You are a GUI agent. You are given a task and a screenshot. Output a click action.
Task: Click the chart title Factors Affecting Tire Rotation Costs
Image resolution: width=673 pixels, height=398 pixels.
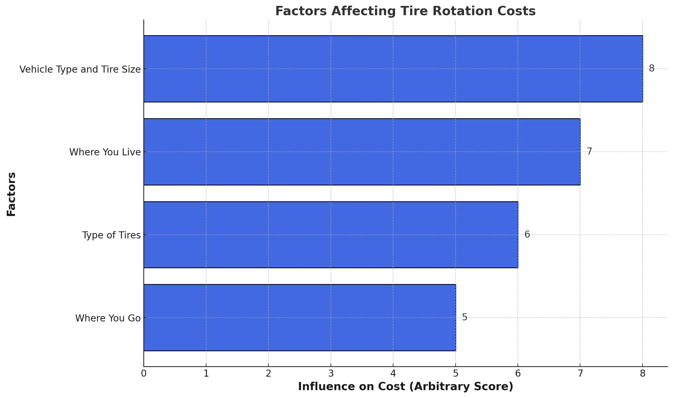point(405,11)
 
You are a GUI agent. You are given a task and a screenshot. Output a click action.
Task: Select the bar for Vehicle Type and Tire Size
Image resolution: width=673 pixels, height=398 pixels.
point(393,69)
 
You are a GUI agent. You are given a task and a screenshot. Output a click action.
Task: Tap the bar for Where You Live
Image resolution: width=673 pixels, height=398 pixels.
point(362,152)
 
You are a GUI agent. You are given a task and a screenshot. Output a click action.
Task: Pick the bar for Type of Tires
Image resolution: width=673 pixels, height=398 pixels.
point(331,234)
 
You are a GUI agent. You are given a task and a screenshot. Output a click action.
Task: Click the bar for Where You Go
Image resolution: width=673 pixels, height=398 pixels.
point(300,317)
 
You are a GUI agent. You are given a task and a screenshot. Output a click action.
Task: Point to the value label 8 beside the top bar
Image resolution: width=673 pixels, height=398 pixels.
point(652,68)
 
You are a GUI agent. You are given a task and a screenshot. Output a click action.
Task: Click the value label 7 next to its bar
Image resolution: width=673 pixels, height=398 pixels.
point(589,151)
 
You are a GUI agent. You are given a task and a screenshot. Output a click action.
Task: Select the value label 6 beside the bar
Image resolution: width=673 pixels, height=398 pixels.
point(527,234)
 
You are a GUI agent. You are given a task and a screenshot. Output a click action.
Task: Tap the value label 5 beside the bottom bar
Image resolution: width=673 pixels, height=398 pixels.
point(465,317)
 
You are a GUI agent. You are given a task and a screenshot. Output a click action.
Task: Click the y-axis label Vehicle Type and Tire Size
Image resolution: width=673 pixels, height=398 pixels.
point(80,69)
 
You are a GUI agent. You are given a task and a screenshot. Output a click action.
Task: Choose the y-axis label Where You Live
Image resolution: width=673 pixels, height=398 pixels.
point(105,152)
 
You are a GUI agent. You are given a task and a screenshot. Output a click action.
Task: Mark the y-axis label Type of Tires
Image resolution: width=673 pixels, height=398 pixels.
point(111,235)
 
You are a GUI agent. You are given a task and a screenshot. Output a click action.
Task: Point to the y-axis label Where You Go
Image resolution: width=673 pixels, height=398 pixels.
point(108,318)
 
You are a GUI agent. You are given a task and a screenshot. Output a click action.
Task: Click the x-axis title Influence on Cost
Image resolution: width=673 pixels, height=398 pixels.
point(405,386)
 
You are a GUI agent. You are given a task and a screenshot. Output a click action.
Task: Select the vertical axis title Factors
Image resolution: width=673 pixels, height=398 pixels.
point(11,194)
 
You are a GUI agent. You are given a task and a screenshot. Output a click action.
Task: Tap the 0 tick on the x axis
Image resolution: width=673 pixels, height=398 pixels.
point(144,374)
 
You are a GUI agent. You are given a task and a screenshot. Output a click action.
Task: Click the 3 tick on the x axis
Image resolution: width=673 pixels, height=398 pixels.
point(331,374)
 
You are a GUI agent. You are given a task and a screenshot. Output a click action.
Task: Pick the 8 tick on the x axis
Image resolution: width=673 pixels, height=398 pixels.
point(642,374)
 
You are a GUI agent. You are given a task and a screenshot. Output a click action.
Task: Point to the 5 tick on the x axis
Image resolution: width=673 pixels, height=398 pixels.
point(455,374)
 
